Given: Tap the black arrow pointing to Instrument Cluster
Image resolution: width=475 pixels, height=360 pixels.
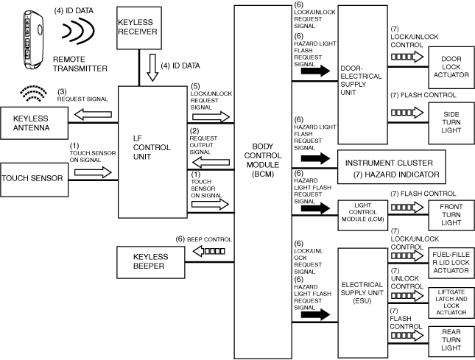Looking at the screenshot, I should (x=312, y=158).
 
